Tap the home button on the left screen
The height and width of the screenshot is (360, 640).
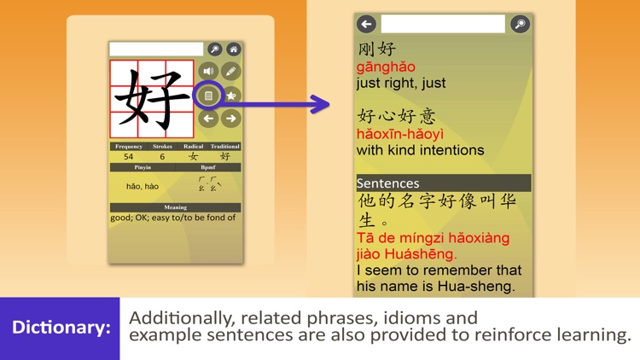(232, 49)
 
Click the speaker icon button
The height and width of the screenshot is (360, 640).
(208, 72)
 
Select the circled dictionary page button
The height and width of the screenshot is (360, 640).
(208, 96)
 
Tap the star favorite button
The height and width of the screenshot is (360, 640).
(230, 96)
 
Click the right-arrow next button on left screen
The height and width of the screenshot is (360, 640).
(230, 119)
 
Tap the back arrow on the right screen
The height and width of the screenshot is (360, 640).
(367, 24)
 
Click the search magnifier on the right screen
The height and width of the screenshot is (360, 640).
(520, 24)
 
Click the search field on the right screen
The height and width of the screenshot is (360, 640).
(443, 24)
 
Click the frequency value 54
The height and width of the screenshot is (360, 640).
(128, 156)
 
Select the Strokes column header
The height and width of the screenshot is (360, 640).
(162, 147)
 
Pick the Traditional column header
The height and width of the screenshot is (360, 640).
(225, 147)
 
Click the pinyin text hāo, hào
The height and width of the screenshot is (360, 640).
(143, 186)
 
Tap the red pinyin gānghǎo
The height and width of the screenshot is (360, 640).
(386, 67)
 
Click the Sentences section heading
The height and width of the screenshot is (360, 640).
(388, 183)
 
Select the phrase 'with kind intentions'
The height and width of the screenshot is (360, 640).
(420, 150)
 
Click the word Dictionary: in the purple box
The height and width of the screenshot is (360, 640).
(61, 328)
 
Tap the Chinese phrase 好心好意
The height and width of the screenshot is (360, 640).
(396, 116)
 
